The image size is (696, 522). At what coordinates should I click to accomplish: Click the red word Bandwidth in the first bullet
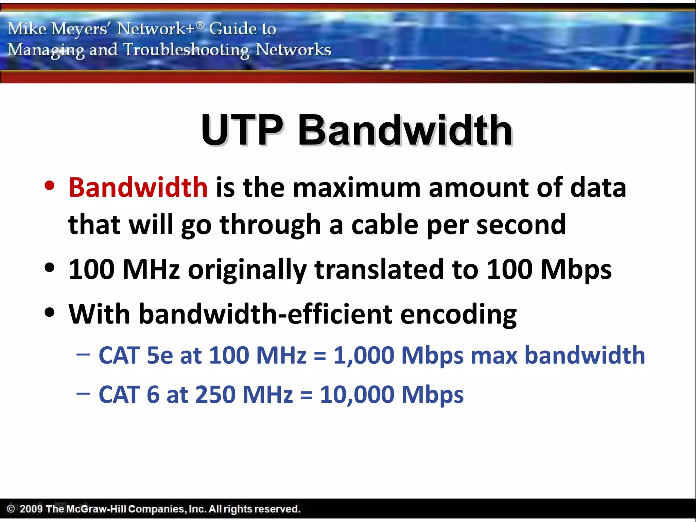click(138, 188)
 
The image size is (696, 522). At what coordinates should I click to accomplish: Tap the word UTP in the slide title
click(242, 130)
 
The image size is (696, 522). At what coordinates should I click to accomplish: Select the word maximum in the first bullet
click(356, 188)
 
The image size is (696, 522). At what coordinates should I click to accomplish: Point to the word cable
click(384, 225)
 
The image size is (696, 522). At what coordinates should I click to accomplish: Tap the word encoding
click(458, 315)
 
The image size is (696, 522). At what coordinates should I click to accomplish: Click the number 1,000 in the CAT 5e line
click(364, 355)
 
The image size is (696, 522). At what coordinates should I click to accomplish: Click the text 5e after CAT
click(159, 355)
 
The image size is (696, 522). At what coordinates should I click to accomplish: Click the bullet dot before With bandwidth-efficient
click(50, 313)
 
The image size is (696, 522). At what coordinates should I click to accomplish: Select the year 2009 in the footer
click(31, 509)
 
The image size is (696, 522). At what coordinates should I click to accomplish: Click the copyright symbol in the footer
click(11, 509)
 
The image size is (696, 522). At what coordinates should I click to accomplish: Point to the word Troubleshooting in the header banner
click(186, 50)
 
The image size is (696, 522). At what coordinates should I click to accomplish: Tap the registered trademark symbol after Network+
click(201, 24)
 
